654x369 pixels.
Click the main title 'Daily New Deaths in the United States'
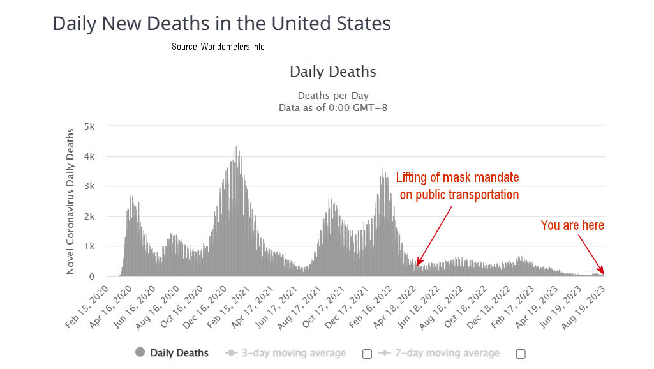221,24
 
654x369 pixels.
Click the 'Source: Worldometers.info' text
218,47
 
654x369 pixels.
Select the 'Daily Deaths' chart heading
332,71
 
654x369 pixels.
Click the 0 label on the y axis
93,276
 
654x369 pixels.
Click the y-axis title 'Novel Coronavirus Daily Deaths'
71,199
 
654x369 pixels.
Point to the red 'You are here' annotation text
572,225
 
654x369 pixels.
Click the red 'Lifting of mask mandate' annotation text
457,177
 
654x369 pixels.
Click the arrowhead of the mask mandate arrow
417,264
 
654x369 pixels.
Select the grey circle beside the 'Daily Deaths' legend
140,352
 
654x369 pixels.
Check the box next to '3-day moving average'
367,354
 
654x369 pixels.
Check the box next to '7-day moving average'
521,354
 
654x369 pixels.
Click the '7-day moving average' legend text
447,353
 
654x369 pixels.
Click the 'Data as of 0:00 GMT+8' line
332,107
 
